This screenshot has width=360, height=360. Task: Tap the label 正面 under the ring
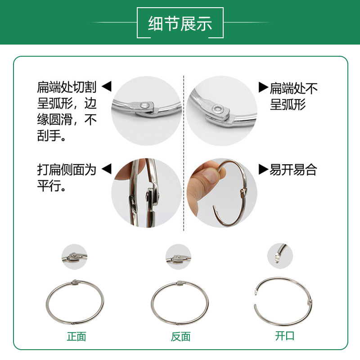coord(76,337)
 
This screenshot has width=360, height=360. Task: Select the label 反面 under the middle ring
coord(180,337)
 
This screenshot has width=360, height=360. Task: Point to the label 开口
coord(285,336)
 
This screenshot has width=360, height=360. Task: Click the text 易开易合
coord(293,170)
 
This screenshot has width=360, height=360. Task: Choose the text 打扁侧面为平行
coord(67,178)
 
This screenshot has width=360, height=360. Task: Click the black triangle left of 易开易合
coord(263,170)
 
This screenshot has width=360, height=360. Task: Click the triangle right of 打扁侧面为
coord(106,170)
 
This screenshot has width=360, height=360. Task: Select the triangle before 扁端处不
coord(263,87)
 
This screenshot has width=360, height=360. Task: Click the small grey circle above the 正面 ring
coord(74,257)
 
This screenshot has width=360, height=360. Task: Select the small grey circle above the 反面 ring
coord(179,257)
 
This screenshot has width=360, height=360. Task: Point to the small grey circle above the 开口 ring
coord(280,256)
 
